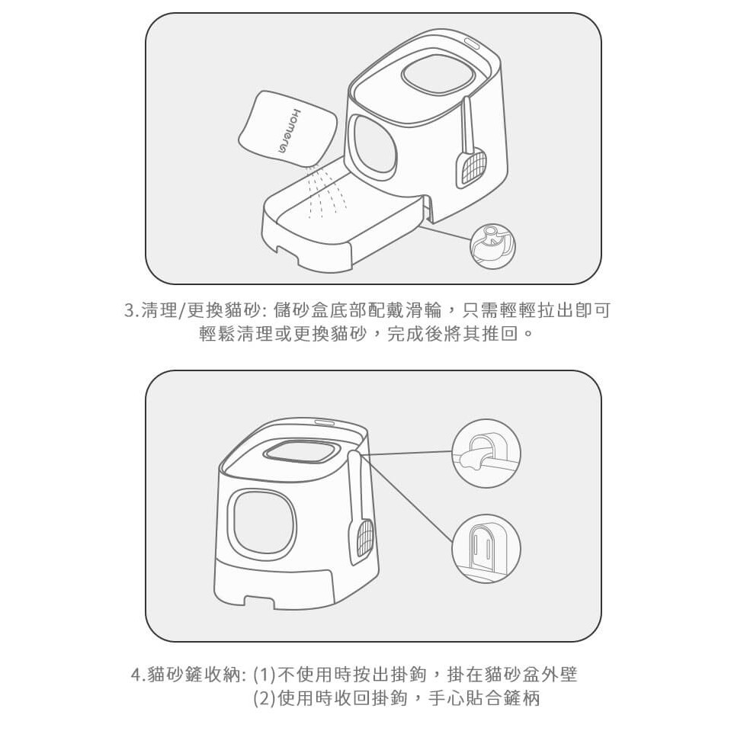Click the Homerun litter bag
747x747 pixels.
pos(288,129)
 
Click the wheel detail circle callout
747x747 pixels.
pos(492,246)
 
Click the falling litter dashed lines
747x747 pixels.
pos(324,191)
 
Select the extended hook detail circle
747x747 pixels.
pos(486,453)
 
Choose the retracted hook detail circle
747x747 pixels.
pos(486,548)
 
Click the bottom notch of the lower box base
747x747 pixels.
pos(258,601)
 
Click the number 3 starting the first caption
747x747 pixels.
pos(129,310)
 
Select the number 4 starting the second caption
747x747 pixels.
pos(136,675)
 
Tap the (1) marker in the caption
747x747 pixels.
pos(264,675)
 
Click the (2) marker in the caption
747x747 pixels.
pos(264,699)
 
